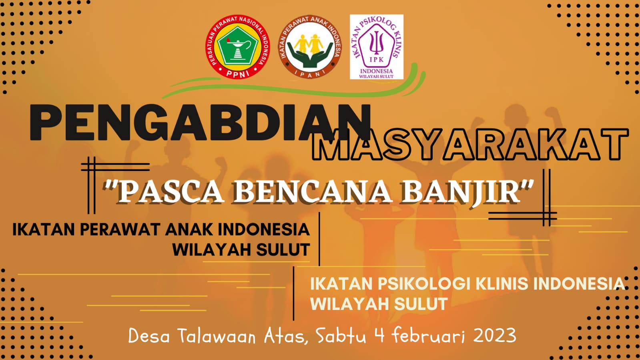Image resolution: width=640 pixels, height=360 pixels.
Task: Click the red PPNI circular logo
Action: coord(237,47)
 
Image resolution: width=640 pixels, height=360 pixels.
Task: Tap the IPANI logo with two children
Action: coord(310,47)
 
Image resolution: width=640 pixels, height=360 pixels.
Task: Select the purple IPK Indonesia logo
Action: coord(377,47)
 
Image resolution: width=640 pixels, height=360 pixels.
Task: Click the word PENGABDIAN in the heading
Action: coord(200,123)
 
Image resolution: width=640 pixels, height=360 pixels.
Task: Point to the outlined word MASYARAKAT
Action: coord(470,145)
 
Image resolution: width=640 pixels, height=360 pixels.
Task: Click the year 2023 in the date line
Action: coord(495,336)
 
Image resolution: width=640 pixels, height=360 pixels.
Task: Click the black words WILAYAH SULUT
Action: coord(241,249)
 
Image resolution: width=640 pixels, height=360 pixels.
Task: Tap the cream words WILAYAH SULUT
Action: coord(379,304)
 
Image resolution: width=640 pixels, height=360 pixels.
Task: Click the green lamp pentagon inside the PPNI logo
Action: coord(237,46)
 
